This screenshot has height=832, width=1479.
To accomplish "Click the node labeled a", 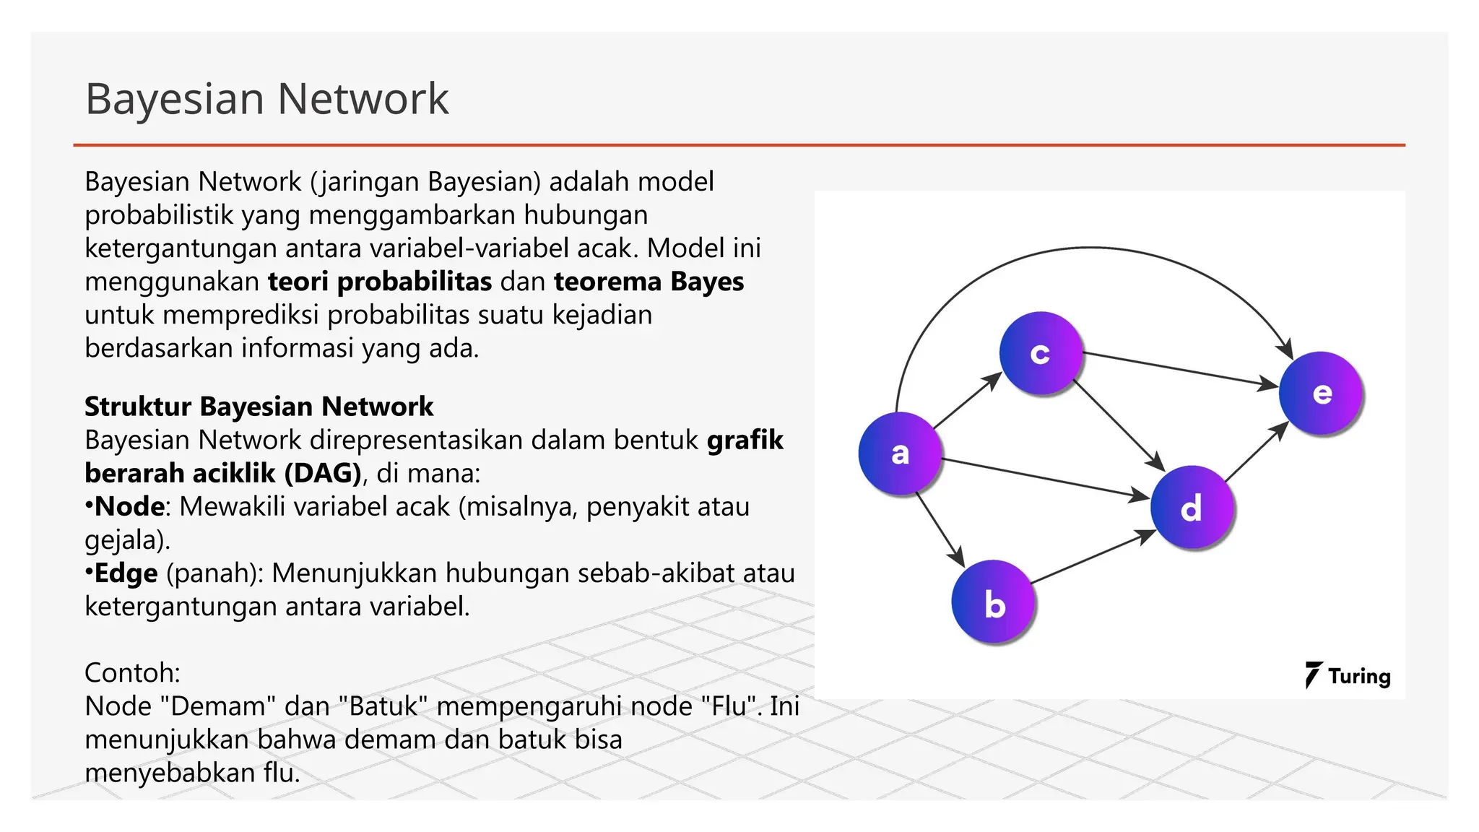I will (900, 454).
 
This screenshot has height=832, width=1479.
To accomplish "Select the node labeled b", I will (994, 602).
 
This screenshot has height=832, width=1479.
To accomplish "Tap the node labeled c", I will (1041, 353).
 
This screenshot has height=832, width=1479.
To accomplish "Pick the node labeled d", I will (1192, 508).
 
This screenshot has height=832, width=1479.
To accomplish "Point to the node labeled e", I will (1321, 393).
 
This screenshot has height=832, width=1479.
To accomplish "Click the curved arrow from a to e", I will (1090, 248).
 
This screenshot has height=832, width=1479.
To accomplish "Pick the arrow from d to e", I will (1257, 451).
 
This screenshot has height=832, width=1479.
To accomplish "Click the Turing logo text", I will (1358, 677).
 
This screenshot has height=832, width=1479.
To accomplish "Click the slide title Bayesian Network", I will (266, 99).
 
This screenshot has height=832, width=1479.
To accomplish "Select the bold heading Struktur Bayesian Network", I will (259, 407).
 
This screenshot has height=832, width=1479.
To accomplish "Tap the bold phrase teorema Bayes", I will (649, 282).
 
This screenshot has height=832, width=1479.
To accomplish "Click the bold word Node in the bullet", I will (129, 506).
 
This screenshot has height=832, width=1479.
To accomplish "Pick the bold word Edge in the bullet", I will (126, 573).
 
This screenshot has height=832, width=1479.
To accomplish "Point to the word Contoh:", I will (132, 673).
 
